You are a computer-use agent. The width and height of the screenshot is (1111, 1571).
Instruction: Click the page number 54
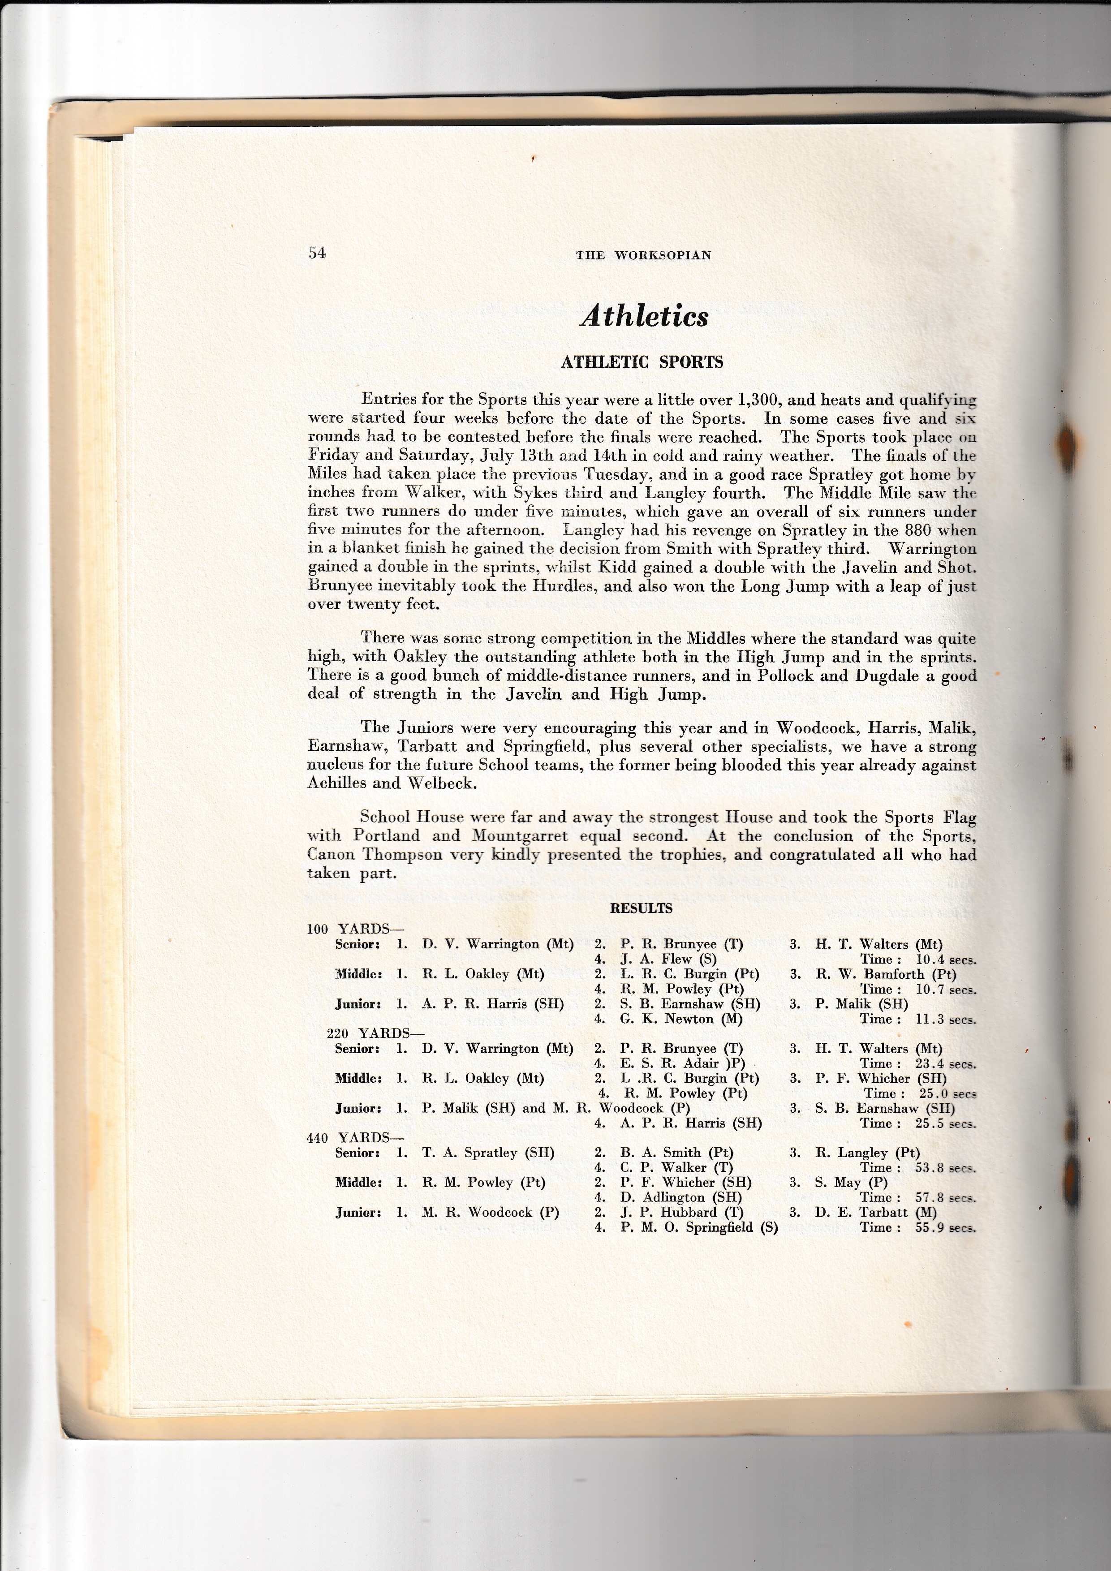[x=316, y=253]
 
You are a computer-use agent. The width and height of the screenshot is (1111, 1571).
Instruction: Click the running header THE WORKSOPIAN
[x=643, y=255]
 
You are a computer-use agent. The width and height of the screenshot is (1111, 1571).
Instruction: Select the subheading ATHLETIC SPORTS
[x=642, y=363]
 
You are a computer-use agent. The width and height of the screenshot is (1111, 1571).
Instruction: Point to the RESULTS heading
[x=641, y=908]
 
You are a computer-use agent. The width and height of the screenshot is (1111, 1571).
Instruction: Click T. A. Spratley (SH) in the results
[x=488, y=1153]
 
